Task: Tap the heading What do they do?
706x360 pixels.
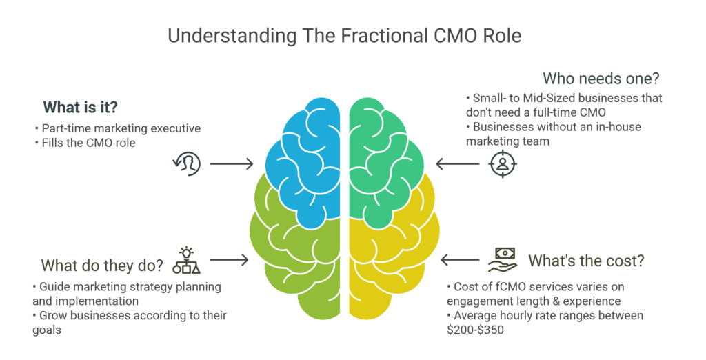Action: pyautogui.click(x=101, y=265)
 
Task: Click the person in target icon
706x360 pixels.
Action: pyautogui.click(x=503, y=163)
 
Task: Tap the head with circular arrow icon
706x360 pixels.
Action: pyautogui.click(x=186, y=163)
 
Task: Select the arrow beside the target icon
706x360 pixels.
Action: pyautogui.click(x=458, y=164)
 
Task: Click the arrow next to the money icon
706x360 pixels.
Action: pyautogui.click(x=458, y=260)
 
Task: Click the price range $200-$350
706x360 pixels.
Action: pyautogui.click(x=475, y=330)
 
